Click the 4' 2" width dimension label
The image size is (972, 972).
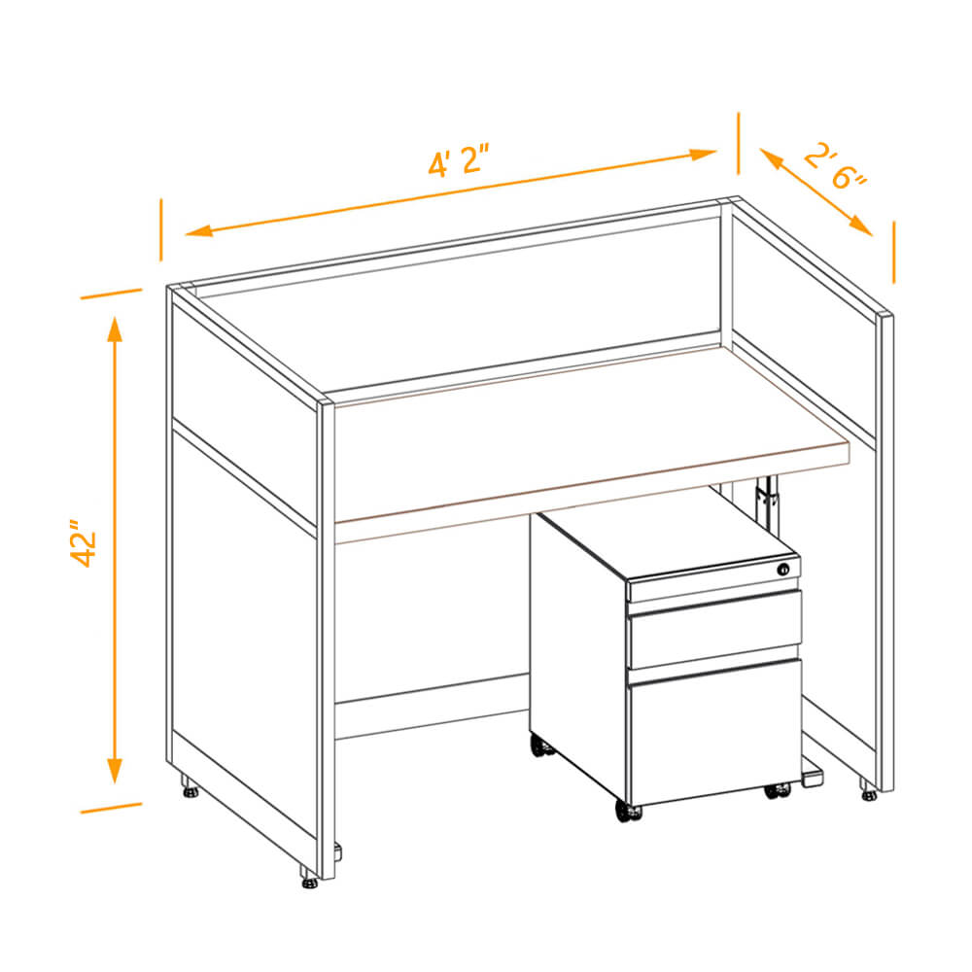click(x=459, y=160)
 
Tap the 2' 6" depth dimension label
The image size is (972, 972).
click(x=835, y=165)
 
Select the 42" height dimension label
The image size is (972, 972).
click(x=84, y=543)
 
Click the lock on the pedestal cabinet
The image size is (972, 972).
click(x=783, y=569)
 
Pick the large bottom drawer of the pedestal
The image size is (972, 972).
click(x=714, y=732)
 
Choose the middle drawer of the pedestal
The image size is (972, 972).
click(x=714, y=628)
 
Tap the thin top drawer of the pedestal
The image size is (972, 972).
click(x=712, y=581)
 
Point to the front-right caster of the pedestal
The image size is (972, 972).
click(x=778, y=791)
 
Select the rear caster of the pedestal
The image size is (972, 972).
click(x=542, y=746)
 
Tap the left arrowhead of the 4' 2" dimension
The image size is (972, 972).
click(x=198, y=231)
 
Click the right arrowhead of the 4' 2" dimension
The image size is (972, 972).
click(x=704, y=154)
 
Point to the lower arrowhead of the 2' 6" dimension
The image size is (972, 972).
click(x=861, y=226)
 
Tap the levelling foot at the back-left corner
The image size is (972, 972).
click(x=190, y=786)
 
